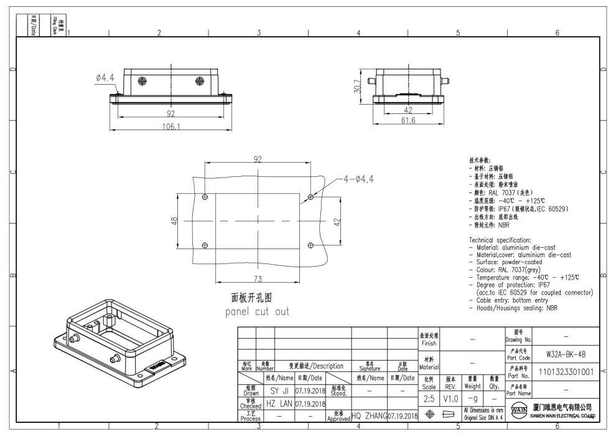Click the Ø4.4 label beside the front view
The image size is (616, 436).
105,77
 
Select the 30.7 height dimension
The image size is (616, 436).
357,87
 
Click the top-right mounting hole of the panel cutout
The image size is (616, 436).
311,197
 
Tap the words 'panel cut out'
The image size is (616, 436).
257,311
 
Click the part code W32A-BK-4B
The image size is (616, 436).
564,354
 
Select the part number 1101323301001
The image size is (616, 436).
564,372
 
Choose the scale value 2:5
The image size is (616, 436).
429,399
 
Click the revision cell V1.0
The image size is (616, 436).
452,399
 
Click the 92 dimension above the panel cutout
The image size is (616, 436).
258,159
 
